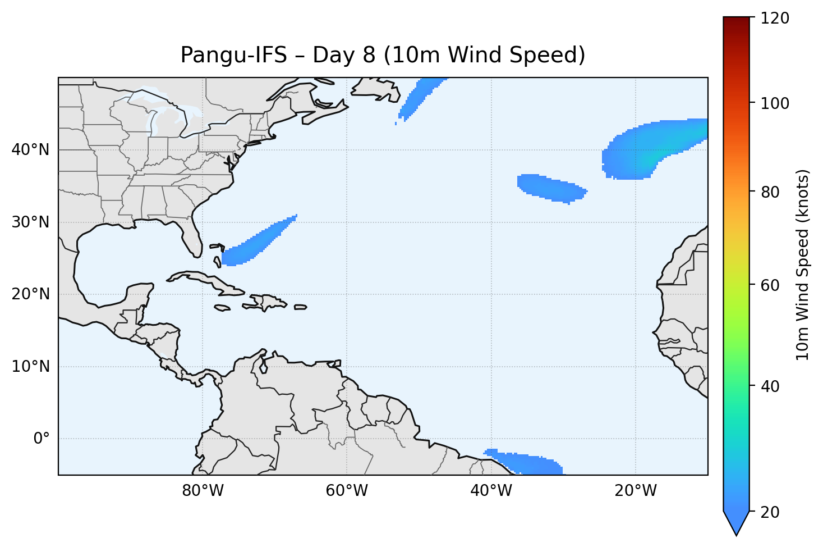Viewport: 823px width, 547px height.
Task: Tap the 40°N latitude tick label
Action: point(30,150)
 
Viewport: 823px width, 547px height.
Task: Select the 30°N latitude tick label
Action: point(30,222)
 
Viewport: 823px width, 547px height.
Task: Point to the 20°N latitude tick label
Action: point(30,294)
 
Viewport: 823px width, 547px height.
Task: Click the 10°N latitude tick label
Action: point(30,367)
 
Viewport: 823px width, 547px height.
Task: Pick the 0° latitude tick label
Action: point(42,439)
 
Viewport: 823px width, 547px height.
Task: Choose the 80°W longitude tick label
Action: point(203,491)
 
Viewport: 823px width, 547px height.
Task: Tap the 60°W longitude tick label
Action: point(347,491)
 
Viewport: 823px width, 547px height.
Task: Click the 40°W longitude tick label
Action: point(491,491)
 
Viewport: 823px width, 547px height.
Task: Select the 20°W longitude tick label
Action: point(635,491)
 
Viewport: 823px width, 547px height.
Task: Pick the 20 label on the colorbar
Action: point(770,512)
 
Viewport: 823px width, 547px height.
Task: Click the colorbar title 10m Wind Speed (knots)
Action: point(803,265)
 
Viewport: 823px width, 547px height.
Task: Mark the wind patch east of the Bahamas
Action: point(258,241)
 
